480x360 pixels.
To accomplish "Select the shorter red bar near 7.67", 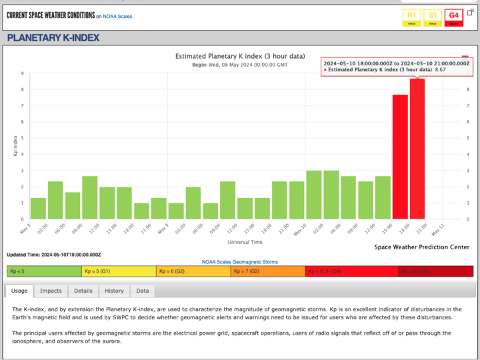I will [400, 157].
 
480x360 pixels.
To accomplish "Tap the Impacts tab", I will [51, 291].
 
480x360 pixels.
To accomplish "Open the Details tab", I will [83, 291].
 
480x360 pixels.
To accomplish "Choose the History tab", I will [114, 291].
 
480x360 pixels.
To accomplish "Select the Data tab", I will [143, 291].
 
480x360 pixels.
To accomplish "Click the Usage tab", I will [19, 291].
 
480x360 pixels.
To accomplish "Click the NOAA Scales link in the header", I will [118, 16].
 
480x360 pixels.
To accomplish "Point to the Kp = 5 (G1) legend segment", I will [119, 271].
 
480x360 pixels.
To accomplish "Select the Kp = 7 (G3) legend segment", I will [268, 271].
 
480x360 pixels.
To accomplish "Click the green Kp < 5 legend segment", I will [44, 271].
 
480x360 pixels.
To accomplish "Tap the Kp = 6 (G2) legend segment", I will [193, 271].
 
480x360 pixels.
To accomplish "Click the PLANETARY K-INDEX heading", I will [53, 38].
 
